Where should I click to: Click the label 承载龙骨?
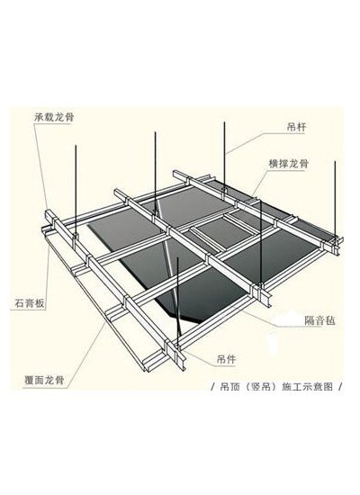54,117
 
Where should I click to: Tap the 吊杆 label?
296,127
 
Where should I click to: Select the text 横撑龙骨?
288,164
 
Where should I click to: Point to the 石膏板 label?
30,303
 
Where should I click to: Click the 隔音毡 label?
319,320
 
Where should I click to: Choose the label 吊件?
226,359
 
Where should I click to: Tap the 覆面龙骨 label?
44,380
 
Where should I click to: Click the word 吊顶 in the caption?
229,387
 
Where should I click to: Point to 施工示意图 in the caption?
307,387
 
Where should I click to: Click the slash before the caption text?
212,387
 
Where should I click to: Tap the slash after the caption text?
340,387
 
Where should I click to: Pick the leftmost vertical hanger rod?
76,189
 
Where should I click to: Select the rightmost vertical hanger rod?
335,199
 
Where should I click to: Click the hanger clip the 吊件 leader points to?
177,346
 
